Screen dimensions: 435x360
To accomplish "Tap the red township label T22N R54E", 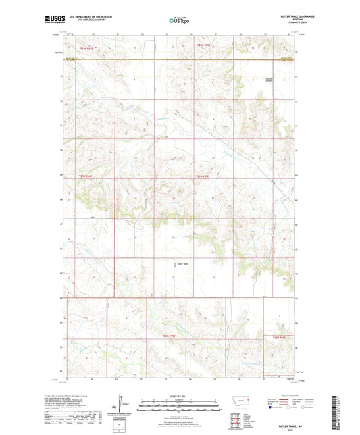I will click(85, 48).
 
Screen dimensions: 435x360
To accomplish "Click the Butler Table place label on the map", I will click(181, 263).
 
